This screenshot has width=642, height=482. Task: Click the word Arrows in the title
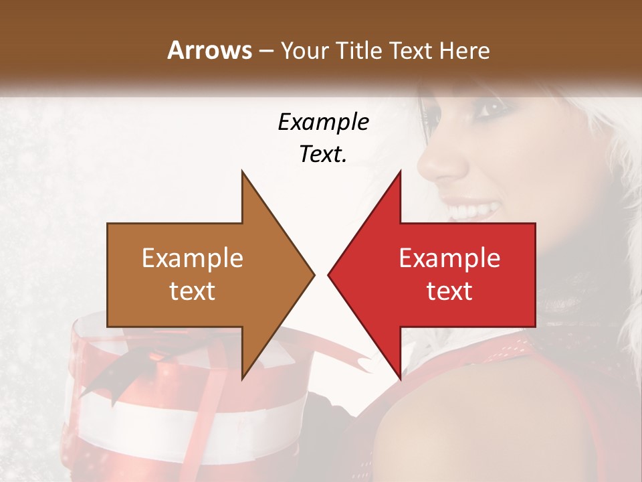pyautogui.click(x=209, y=50)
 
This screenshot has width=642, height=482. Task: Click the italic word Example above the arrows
pyautogui.click(x=323, y=123)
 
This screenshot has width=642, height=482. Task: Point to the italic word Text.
pyautogui.click(x=323, y=154)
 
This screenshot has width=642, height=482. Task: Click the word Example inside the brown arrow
pyautogui.click(x=193, y=258)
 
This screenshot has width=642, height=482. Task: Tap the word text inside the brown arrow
pyautogui.click(x=193, y=291)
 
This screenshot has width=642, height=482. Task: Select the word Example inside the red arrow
pyautogui.click(x=449, y=258)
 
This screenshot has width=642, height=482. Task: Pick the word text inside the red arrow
pyautogui.click(x=449, y=291)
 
